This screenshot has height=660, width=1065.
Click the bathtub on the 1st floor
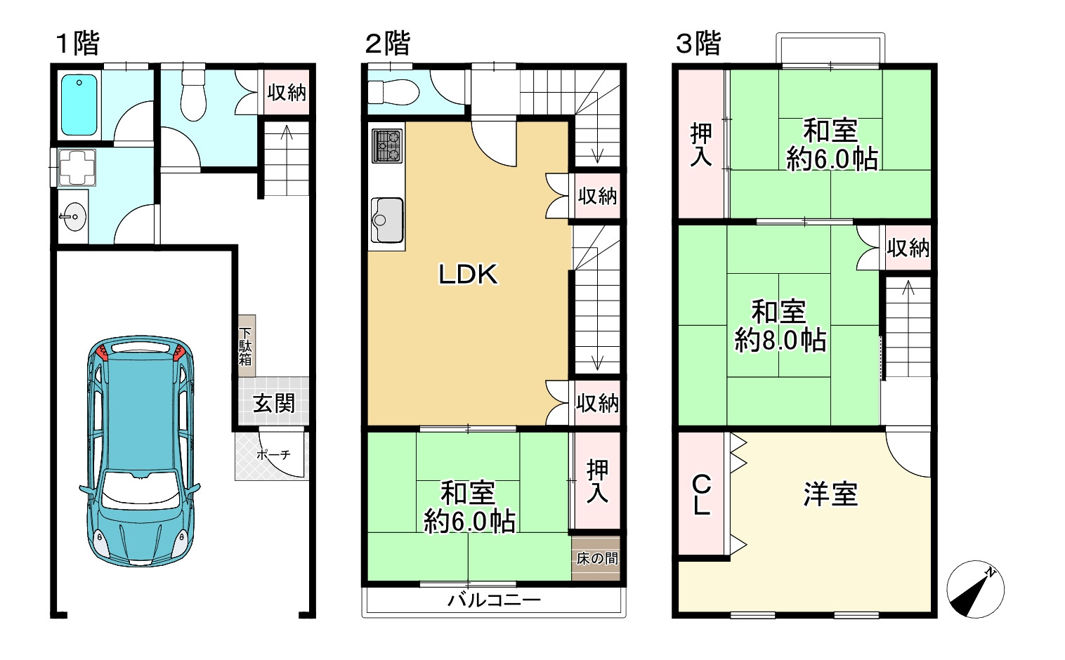coord(79,105)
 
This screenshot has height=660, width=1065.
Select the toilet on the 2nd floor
coord(393,92)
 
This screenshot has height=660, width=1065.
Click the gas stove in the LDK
coord(387,146)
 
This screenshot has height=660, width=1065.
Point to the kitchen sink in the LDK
coord(387,220)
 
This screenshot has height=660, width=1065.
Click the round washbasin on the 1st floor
coord(74,217)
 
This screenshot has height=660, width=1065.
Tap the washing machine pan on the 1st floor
coord(77,167)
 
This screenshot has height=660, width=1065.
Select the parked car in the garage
coord(140,451)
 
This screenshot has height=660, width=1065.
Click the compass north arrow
coord(975,589)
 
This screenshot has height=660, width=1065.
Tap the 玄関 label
coord(274,404)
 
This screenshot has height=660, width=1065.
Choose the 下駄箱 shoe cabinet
coord(247,346)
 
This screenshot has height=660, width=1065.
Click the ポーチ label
coord(273,455)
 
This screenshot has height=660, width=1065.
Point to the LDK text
coord(468,275)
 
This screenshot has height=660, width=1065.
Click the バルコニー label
coord(494,600)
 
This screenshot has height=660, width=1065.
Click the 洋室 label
coord(830,494)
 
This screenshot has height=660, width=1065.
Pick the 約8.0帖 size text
coord(780,341)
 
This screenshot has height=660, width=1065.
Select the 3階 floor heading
coord(698,44)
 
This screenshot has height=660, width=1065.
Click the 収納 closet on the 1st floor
coord(286,92)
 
